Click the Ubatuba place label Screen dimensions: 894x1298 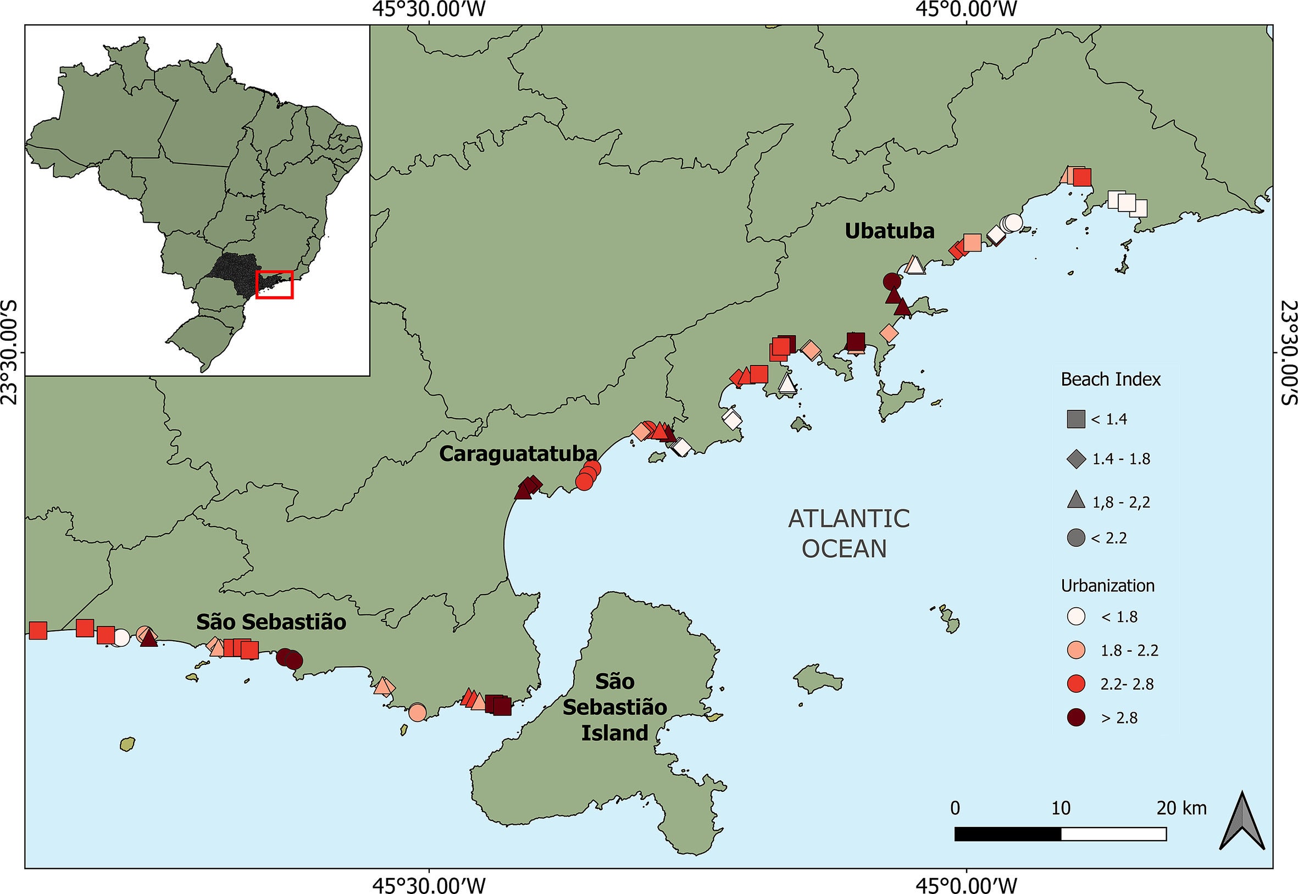(x=890, y=231)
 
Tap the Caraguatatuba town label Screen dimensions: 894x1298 (x=518, y=453)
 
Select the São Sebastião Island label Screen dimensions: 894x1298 (x=614, y=707)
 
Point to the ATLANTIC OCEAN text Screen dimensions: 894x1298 (x=848, y=533)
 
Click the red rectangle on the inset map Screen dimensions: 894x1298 (x=275, y=285)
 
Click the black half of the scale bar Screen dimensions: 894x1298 (x=1007, y=834)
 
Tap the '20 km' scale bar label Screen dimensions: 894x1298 (x=1181, y=808)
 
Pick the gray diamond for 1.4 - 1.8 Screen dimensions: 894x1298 (x=1076, y=459)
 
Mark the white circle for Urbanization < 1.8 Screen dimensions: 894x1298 (x=1076, y=617)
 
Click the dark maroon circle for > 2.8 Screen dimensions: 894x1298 (x=1076, y=718)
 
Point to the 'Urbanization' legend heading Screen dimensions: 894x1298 (x=1107, y=586)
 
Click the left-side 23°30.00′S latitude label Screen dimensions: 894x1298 (x=10, y=353)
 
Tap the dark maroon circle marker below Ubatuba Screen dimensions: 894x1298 (x=892, y=281)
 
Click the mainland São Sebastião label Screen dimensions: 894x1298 (x=271, y=622)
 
